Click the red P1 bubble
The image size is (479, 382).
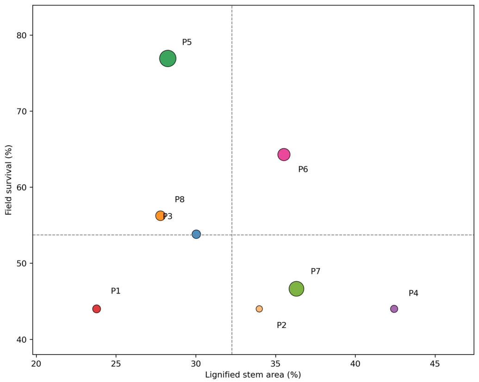click(x=97, y=309)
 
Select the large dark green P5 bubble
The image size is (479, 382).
click(x=168, y=58)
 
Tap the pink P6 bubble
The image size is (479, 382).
click(x=284, y=154)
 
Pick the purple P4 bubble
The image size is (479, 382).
click(x=394, y=309)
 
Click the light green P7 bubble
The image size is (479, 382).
click(x=296, y=289)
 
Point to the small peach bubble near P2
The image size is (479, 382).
click(x=259, y=309)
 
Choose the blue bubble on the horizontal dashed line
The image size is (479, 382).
click(x=196, y=234)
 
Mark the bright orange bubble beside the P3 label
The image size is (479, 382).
click(x=161, y=216)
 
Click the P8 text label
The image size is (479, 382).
click(x=180, y=199)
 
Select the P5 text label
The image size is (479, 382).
click(x=187, y=42)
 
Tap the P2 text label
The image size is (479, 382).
click(x=282, y=325)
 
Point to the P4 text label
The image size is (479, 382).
click(x=413, y=293)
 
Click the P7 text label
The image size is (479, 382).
click(x=316, y=271)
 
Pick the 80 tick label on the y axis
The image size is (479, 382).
click(x=21, y=36)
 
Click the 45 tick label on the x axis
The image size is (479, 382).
click(x=435, y=364)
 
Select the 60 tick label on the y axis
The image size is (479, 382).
click(x=21, y=187)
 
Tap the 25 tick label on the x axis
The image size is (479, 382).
click(x=116, y=364)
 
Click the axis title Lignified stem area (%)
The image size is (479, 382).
click(x=253, y=375)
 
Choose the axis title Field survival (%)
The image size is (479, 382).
click(x=8, y=180)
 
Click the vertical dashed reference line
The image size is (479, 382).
click(x=232, y=180)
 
